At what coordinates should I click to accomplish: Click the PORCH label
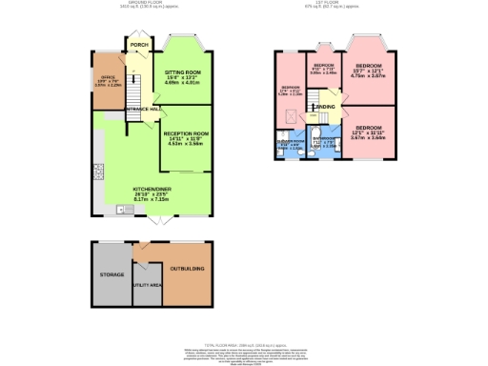[x=138, y=44]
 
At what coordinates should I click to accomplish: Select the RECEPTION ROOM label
[x=185, y=133]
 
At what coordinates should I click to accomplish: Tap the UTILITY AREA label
[x=146, y=284]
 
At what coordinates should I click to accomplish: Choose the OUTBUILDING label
[x=185, y=269]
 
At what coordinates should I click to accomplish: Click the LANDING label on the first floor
[x=326, y=107]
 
